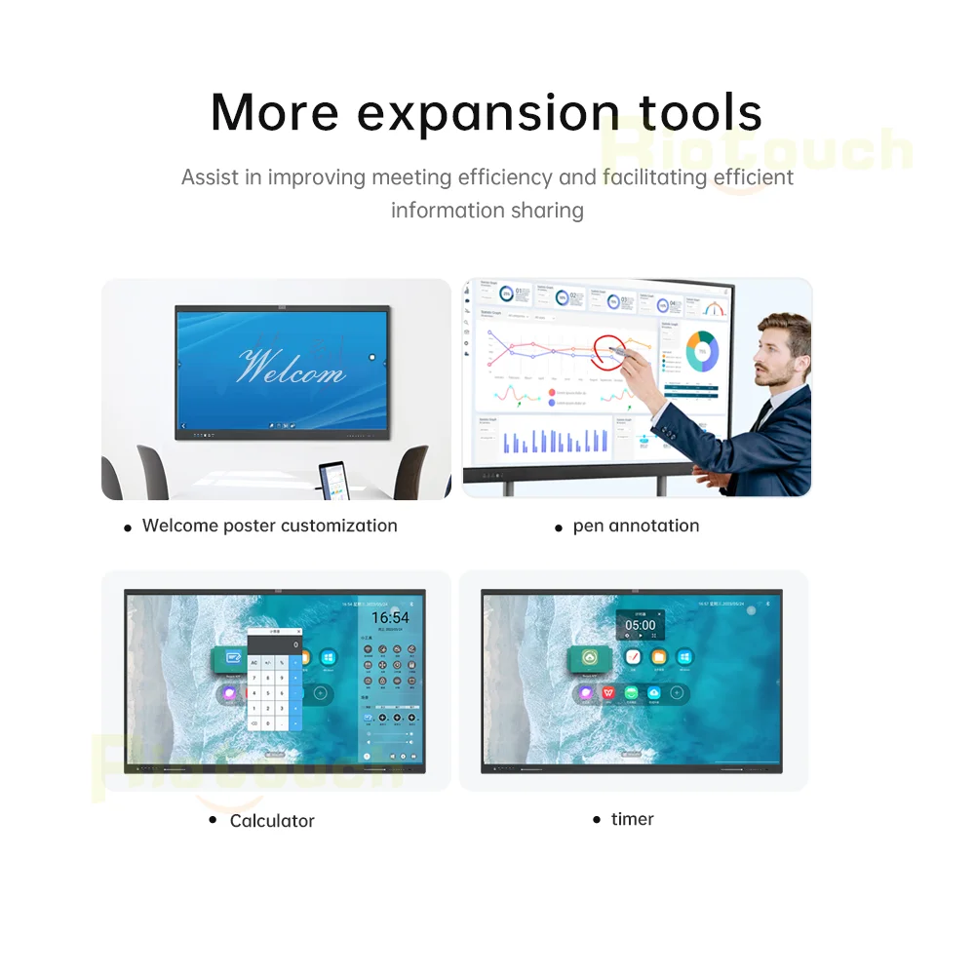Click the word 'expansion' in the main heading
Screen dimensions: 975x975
point(487,113)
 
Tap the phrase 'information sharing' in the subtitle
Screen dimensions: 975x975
point(487,210)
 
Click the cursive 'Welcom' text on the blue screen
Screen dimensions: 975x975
point(291,369)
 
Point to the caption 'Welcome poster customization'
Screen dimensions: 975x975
point(269,526)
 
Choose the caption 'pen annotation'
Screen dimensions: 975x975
point(636,526)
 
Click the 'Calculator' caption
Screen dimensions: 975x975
point(272,821)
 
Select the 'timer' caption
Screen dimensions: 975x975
point(632,819)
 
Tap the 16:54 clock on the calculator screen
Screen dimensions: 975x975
point(390,618)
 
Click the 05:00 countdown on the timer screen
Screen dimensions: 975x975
point(641,625)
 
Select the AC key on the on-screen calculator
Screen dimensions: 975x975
point(254,663)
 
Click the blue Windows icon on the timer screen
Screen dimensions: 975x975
point(685,658)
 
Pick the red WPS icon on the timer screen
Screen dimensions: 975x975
point(609,693)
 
